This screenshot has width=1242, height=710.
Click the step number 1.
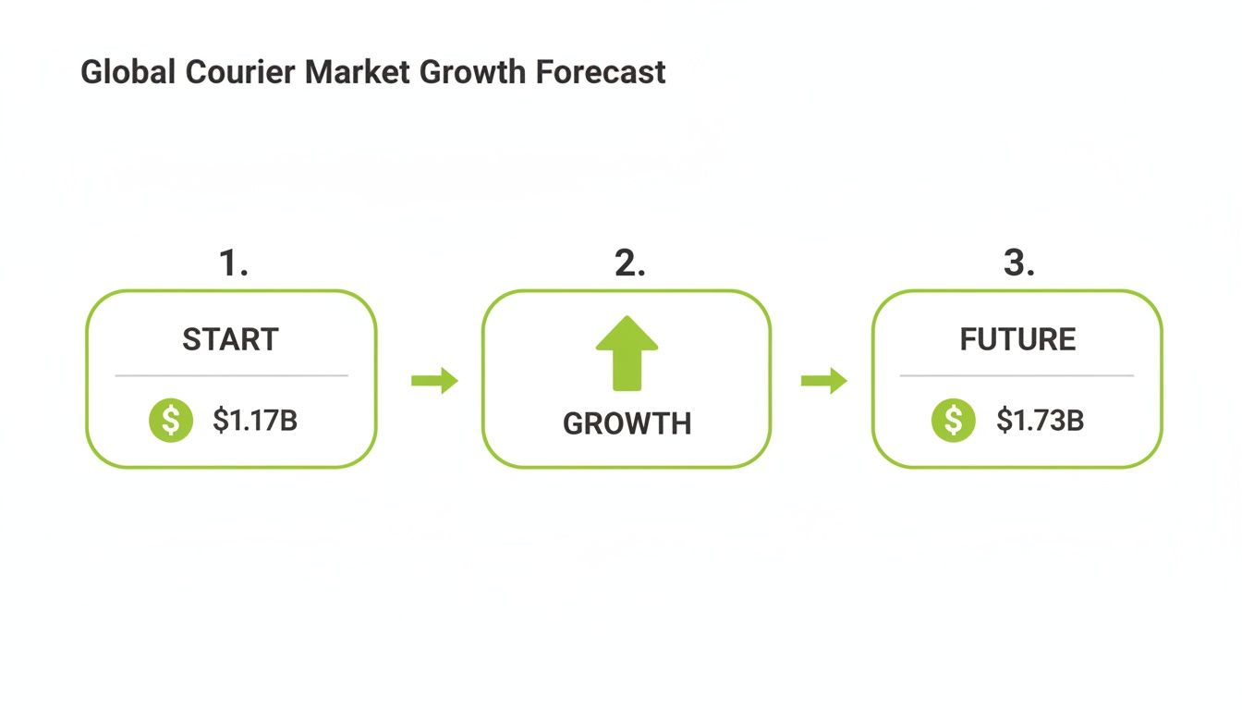point(234,264)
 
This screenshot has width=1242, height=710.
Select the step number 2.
point(629,264)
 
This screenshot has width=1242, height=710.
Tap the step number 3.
point(1018,264)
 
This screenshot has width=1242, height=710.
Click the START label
point(230,340)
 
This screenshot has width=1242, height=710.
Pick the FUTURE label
point(1017,340)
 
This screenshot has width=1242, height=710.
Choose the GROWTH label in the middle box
point(627,423)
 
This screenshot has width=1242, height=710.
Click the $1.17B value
point(255,421)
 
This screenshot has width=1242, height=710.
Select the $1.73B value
point(1040,421)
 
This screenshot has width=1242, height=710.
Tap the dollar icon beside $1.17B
point(171,421)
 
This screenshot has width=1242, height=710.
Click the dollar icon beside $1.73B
point(954,421)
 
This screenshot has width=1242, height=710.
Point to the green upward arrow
point(627,352)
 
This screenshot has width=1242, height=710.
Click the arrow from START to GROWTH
point(434,380)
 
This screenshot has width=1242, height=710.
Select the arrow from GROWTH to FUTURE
point(823,380)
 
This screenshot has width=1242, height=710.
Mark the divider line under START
point(231,376)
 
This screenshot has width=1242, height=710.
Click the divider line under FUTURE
point(1017,376)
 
